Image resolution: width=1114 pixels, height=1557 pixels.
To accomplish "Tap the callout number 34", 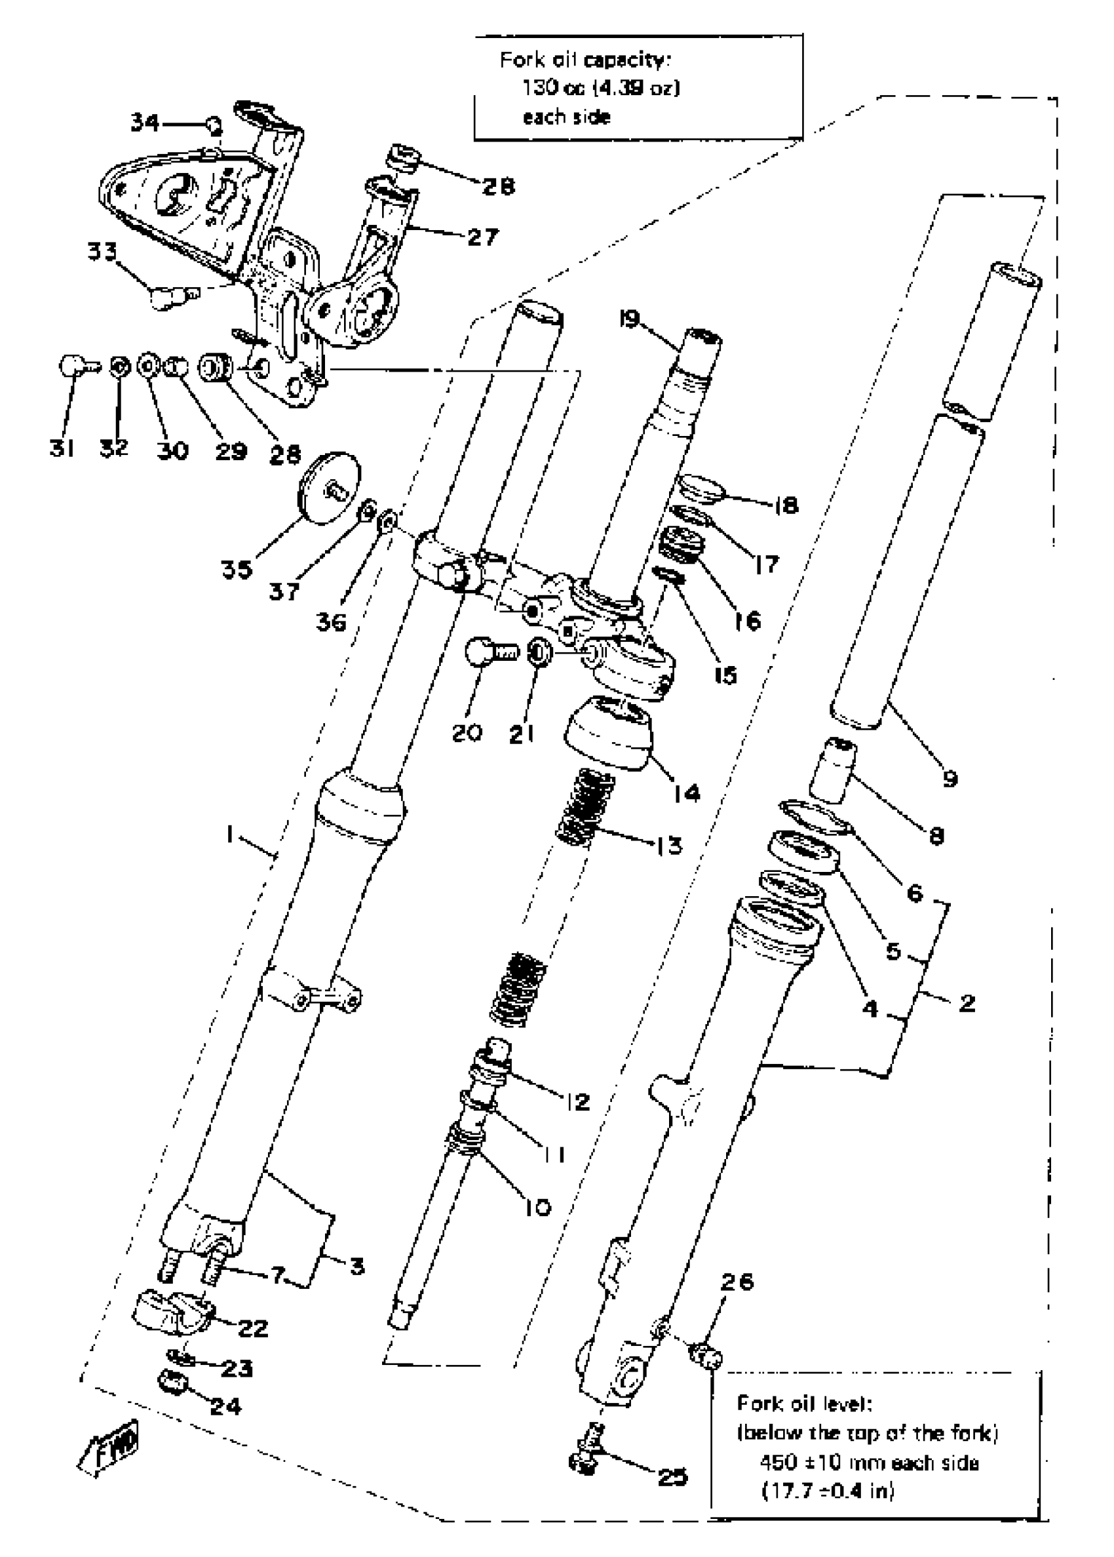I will (145, 123).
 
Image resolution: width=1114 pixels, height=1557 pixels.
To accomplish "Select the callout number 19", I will (629, 319).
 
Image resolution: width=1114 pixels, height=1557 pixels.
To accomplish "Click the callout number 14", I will (687, 793).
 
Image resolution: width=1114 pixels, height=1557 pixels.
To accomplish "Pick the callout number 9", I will (950, 778).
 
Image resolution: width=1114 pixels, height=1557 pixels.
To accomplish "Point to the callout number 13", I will (669, 846).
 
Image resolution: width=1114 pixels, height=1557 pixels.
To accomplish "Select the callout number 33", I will (102, 252).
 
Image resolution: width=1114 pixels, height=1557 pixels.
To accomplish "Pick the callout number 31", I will (62, 448).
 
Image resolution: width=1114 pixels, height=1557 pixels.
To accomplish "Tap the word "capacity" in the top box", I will (626, 60).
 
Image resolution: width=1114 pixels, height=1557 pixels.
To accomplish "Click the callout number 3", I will (356, 1266).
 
